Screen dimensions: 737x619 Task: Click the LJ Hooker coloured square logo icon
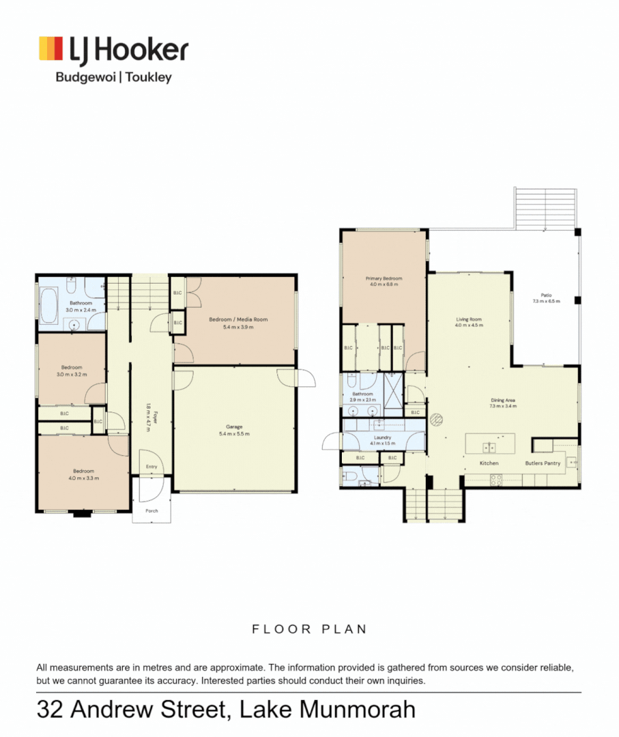click(51, 49)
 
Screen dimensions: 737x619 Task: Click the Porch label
click(151, 510)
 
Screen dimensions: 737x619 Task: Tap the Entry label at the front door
click(152, 467)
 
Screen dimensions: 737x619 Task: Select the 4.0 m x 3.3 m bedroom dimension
click(84, 478)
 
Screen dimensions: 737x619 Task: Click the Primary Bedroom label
click(384, 278)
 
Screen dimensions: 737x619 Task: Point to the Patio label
click(546, 295)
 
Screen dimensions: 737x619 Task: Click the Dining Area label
click(502, 400)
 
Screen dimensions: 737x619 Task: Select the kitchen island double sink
click(489, 448)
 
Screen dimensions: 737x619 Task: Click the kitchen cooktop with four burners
click(495, 478)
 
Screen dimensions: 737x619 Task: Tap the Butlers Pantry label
click(543, 463)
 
